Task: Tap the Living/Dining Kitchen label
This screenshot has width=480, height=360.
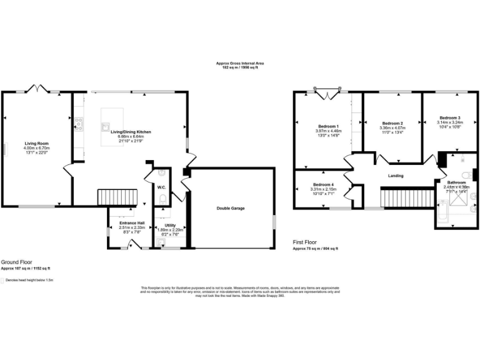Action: point(132,132)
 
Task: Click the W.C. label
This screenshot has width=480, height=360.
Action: point(161,187)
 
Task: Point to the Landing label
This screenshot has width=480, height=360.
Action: point(395,176)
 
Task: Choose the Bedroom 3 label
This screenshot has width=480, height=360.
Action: point(449,117)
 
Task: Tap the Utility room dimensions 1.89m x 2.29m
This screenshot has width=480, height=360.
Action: point(170,230)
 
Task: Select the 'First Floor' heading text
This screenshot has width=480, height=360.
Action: point(305,241)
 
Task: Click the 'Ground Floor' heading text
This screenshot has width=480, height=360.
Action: point(16,262)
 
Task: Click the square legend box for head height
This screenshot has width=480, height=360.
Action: point(2,281)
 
